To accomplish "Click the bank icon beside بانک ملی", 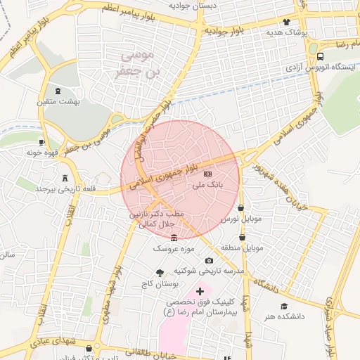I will click(x=207, y=173).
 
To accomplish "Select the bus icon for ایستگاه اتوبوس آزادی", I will click(x=321, y=56).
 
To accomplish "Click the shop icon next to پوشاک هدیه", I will click(x=286, y=22).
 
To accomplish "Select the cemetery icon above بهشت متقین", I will click(x=58, y=91).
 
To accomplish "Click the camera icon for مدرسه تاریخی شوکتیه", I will click(x=209, y=260).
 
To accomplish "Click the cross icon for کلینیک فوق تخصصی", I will click(x=200, y=290).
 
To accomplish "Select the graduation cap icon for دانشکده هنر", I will click(x=284, y=306).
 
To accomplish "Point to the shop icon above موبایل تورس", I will click(x=241, y=208).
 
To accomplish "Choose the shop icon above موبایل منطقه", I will click(x=241, y=238).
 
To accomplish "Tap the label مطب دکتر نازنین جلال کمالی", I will click(x=155, y=219).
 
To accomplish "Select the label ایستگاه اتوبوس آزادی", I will click(x=321, y=67).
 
